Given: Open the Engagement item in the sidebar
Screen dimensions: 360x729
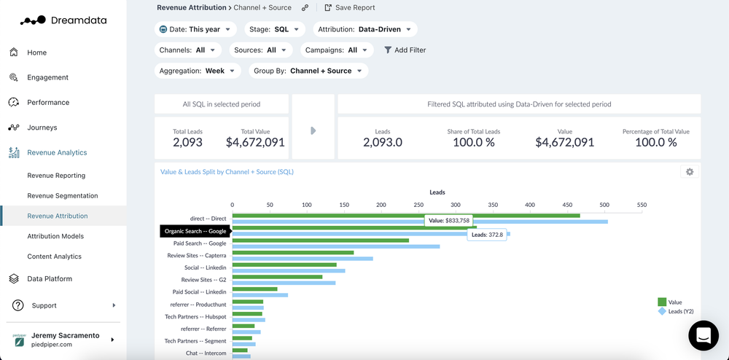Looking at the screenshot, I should [x=47, y=77].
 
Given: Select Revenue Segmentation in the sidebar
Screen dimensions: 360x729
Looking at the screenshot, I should [x=62, y=195].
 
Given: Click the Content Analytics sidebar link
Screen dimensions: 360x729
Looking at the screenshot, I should [x=54, y=257].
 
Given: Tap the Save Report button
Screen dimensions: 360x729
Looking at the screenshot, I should [x=350, y=8].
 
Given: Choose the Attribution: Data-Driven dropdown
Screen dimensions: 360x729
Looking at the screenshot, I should [x=365, y=30].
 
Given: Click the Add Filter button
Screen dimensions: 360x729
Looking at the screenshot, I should [x=405, y=50].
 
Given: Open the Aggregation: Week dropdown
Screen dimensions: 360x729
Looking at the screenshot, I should [x=199, y=71].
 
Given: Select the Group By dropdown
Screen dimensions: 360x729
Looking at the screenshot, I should [x=308, y=71].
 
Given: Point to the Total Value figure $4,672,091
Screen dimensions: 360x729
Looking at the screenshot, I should [x=254, y=143].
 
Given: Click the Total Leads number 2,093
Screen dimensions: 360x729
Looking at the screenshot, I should [x=187, y=143].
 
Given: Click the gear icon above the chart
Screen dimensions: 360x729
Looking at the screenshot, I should [x=689, y=172].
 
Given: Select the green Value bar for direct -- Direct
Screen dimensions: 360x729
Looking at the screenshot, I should [x=405, y=215].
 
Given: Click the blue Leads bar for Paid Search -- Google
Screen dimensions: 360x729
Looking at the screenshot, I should [x=335, y=246].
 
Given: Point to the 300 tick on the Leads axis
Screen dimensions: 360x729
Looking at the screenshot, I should [x=456, y=206].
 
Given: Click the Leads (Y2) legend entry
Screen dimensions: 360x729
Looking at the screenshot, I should [x=679, y=311].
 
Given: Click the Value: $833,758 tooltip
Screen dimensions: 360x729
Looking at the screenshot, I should [x=449, y=220].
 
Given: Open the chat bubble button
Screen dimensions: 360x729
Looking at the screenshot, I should [x=703, y=336].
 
